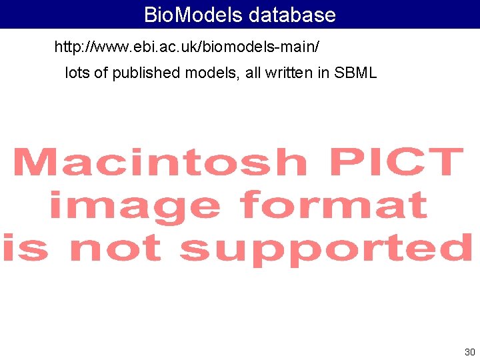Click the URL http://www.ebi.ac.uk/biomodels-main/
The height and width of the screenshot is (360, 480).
pyautogui.click(x=191, y=47)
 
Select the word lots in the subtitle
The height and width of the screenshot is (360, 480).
pyautogui.click(x=77, y=73)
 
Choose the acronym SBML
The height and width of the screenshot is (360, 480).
pyautogui.click(x=355, y=73)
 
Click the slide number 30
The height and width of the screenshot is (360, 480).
pyautogui.click(x=469, y=352)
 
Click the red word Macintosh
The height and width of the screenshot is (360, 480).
pyautogui.click(x=160, y=163)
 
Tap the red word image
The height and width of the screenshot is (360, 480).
pyautogui.click(x=135, y=205)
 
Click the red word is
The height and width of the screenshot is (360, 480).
pyautogui.click(x=27, y=248)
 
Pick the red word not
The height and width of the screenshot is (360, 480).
pyautogui.click(x=115, y=248)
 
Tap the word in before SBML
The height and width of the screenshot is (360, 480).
pyautogui.click(x=324, y=73)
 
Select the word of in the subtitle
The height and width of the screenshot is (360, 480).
pyautogui.click(x=101, y=73)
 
